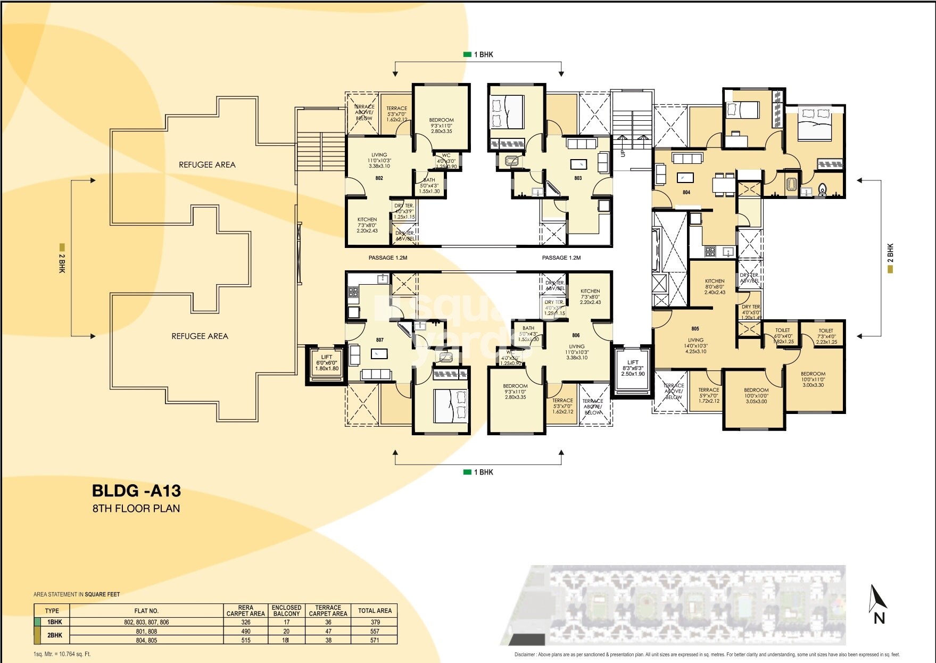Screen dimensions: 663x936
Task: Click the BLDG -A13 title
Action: (x=137, y=490)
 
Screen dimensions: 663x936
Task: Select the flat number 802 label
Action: (x=379, y=178)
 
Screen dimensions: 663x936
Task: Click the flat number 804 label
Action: (x=686, y=192)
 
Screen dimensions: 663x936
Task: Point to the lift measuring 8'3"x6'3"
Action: (x=633, y=368)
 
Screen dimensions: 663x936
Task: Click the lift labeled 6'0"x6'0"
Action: (x=327, y=363)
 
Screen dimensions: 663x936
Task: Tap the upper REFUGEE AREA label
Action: (x=207, y=165)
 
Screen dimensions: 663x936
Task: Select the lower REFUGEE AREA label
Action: (x=200, y=336)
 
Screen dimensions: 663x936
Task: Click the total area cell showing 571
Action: (x=375, y=640)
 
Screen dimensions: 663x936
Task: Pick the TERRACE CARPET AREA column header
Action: (x=328, y=610)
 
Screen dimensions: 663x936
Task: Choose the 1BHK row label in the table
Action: (x=55, y=621)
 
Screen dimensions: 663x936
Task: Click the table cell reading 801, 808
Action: (x=146, y=631)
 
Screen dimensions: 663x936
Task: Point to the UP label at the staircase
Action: (x=623, y=153)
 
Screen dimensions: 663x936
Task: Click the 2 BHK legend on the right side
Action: (x=890, y=258)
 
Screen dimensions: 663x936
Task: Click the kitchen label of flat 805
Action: (x=715, y=286)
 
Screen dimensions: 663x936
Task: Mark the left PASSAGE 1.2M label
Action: (x=387, y=258)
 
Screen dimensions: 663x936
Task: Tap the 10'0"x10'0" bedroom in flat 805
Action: (x=756, y=395)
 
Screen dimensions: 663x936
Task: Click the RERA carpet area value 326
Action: (x=245, y=621)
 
